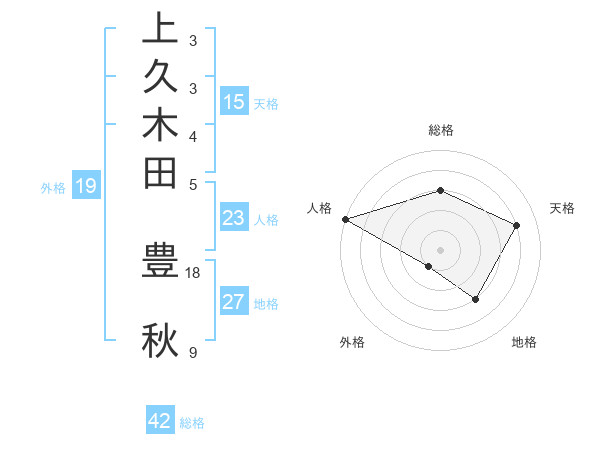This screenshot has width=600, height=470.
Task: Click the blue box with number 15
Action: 234,101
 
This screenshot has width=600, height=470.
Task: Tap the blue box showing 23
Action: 234,219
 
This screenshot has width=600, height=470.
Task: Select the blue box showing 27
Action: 234,302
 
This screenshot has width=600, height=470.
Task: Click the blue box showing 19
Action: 86,185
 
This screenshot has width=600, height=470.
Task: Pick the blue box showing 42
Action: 160,421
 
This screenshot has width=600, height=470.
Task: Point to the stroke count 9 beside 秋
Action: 192,353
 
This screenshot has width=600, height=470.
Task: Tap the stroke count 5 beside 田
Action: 192,184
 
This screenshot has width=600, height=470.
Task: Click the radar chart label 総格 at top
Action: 440,130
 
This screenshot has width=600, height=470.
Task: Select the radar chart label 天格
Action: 562,208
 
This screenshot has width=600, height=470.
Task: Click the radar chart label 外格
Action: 352,342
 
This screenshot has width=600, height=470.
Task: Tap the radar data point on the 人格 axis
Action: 345,219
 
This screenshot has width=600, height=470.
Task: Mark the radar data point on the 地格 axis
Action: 476,299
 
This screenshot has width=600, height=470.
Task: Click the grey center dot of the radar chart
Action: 440,249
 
